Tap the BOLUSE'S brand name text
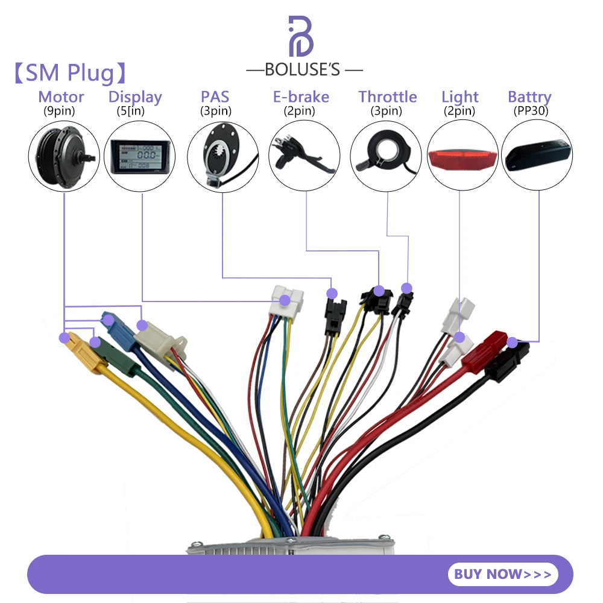click(304, 70)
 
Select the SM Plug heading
click(70, 73)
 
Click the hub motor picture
click(63, 154)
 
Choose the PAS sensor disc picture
click(222, 154)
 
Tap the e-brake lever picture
click(305, 154)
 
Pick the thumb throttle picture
click(386, 154)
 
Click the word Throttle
click(387, 96)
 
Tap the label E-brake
click(301, 96)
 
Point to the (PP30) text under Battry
click(529, 110)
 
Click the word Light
click(459, 96)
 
